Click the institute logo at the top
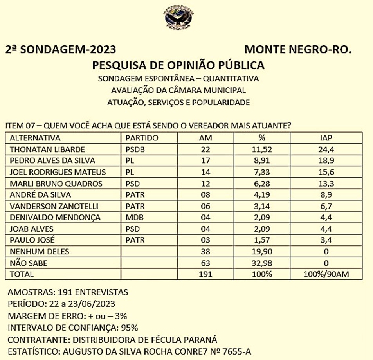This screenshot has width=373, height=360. pyautogui.click(x=179, y=17)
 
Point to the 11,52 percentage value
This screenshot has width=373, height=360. pyautogui.click(x=262, y=149)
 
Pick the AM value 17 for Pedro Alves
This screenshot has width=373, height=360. pyautogui.click(x=206, y=160)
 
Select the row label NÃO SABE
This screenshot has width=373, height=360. pyautogui.click(x=28, y=263)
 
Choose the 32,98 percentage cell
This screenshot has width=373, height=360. pyautogui.click(x=262, y=263)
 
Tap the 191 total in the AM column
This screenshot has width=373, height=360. pyautogui.click(x=206, y=274)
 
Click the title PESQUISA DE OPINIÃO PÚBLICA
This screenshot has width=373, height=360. pyautogui.click(x=178, y=65)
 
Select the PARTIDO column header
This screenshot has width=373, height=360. pyautogui.click(x=141, y=138)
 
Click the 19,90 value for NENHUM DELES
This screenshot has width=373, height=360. pyautogui.click(x=262, y=252)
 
